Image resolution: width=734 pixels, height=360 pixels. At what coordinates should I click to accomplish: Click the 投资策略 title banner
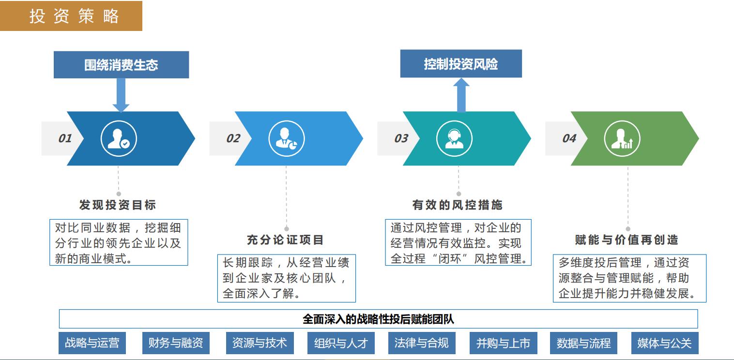pyautogui.click(x=71, y=15)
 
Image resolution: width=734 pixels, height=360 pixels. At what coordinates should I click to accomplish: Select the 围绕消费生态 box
pyautogui.click(x=121, y=64)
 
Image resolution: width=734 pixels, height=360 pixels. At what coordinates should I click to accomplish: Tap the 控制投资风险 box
pyautogui.click(x=461, y=63)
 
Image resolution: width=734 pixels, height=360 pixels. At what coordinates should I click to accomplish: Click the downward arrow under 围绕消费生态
pyautogui.click(x=121, y=95)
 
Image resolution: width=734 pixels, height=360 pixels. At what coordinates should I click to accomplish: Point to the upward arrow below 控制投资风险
pyautogui.click(x=461, y=95)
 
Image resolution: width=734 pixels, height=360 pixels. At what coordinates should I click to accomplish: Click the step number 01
pyautogui.click(x=65, y=138)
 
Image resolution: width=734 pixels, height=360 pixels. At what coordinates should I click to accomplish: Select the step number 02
pyautogui.click(x=233, y=138)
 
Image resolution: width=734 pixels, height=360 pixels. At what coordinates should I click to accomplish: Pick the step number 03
pyautogui.click(x=401, y=138)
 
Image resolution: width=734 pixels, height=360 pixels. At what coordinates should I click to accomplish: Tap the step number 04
pyautogui.click(x=569, y=138)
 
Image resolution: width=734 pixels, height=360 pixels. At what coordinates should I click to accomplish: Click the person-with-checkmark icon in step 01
pyautogui.click(x=119, y=138)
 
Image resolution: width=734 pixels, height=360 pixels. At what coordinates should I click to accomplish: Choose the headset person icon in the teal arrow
pyautogui.click(x=455, y=138)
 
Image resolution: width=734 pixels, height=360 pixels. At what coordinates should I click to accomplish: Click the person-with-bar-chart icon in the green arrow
pyautogui.click(x=622, y=138)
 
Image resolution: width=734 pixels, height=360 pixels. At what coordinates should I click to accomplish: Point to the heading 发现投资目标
pyautogui.click(x=118, y=205)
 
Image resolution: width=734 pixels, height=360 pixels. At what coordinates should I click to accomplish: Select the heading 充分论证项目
pyautogui.click(x=285, y=240)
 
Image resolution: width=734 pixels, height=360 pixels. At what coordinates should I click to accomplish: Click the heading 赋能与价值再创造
pyautogui.click(x=627, y=240)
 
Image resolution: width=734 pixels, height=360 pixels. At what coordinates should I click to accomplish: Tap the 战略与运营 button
pyautogui.click(x=92, y=343)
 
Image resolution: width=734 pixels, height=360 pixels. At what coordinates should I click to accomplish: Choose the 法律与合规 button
pyautogui.click(x=422, y=343)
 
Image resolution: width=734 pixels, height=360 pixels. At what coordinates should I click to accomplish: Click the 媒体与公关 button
pyautogui.click(x=665, y=343)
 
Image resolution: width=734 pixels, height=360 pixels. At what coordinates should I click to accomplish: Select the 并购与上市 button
pyautogui.click(x=504, y=343)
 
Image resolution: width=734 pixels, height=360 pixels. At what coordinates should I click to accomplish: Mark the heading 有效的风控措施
pyautogui.click(x=458, y=205)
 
